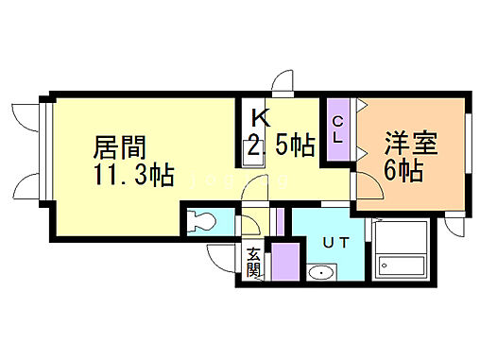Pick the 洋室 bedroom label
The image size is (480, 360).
(407, 147)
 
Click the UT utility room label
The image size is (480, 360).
(336, 243)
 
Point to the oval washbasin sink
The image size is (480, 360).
(320, 274)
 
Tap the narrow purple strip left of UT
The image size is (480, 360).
(280, 221)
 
